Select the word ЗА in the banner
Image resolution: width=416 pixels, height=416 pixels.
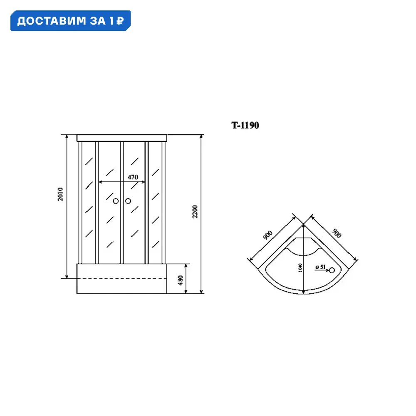click(x=99, y=21)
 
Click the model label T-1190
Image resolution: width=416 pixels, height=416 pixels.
click(x=245, y=125)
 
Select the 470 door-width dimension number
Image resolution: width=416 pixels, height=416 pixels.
click(x=133, y=177)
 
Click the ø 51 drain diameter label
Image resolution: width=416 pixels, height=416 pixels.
click(x=321, y=267)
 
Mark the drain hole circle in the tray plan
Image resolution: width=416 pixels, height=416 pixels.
click(x=332, y=270)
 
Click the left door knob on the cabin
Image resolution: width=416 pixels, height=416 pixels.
click(x=116, y=201)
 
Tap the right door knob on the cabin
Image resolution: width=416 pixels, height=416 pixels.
click(x=128, y=201)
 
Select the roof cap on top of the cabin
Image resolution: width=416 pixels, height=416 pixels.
click(x=122, y=138)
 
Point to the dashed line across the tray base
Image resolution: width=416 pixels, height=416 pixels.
click(x=122, y=278)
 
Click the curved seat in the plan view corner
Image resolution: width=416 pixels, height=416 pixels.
click(x=303, y=248)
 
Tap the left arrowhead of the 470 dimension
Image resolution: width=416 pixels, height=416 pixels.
click(x=100, y=182)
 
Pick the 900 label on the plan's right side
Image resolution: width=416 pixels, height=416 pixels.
click(x=336, y=234)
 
